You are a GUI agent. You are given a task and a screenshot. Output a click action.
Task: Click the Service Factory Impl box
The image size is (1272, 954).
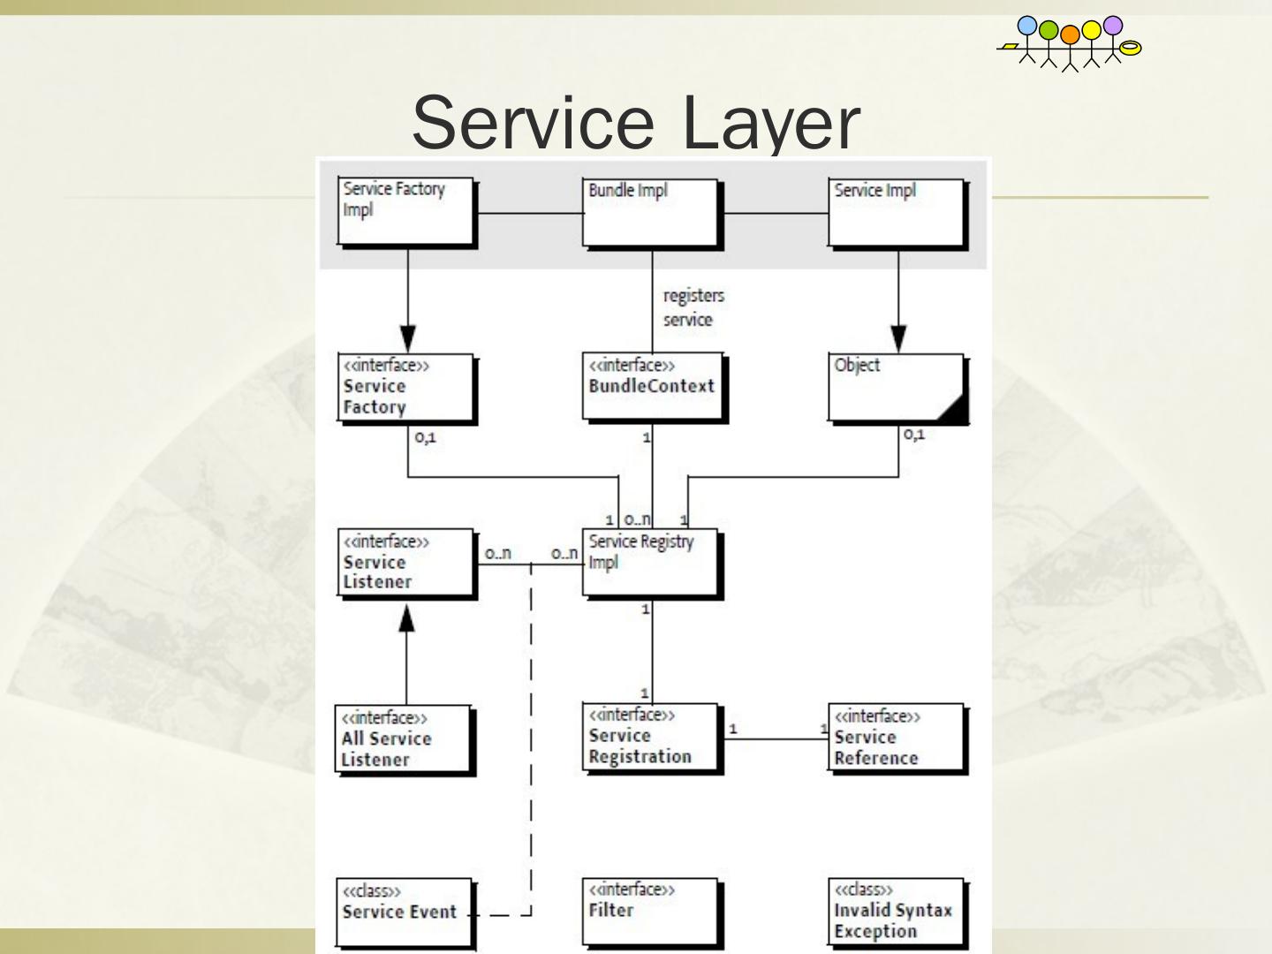pyautogui.click(x=406, y=212)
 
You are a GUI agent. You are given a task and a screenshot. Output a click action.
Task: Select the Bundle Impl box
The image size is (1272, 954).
pyautogui.click(x=652, y=213)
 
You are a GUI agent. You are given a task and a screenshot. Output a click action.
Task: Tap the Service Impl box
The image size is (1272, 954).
pyautogui.click(x=897, y=213)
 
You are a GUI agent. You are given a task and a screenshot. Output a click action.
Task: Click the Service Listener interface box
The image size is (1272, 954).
pyautogui.click(x=406, y=563)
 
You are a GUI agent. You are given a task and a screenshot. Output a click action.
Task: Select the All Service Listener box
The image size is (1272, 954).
pyautogui.click(x=405, y=739)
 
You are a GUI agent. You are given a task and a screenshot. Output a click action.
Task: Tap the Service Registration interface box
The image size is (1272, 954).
pyautogui.click(x=652, y=738)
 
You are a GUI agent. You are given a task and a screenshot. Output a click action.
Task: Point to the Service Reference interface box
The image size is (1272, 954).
pyautogui.click(x=897, y=738)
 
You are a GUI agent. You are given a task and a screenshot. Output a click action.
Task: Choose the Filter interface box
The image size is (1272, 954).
pyautogui.click(x=652, y=912)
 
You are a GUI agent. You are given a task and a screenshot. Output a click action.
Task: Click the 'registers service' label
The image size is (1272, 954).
pyautogui.click(x=693, y=307)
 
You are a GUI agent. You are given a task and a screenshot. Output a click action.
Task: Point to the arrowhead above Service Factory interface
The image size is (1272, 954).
pyautogui.click(x=407, y=338)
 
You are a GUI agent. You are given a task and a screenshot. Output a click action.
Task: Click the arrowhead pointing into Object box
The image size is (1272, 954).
pyautogui.click(x=898, y=338)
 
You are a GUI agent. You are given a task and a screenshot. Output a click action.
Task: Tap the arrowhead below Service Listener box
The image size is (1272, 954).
pyautogui.click(x=406, y=618)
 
